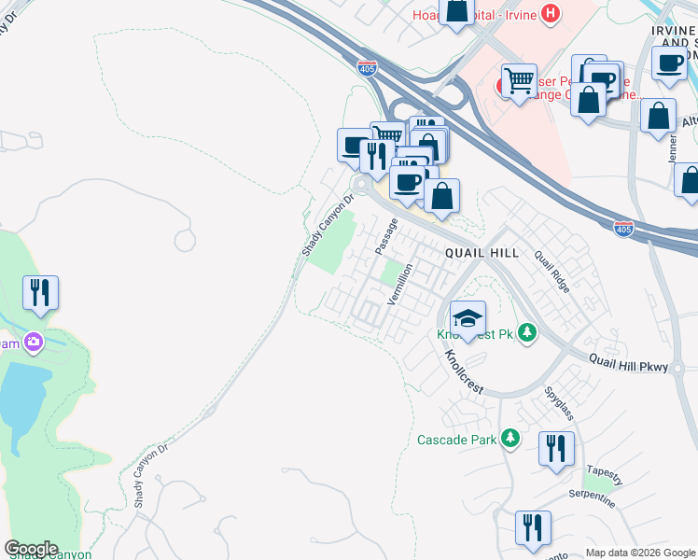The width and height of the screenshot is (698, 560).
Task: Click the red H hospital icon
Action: coord(551,13)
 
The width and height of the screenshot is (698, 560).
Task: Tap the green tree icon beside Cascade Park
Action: coord(510,438)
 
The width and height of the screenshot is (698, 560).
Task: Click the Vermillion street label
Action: coord(400,281)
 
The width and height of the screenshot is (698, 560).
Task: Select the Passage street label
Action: coord(386,236)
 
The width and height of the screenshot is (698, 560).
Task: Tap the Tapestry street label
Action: coord(605,470)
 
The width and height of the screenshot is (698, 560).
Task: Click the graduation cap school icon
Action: coord(468,315)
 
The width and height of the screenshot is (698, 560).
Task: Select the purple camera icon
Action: coord(35,343)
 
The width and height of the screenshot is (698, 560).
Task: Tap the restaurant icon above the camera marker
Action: coord(40,293)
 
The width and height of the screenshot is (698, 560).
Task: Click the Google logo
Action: coord(31,549)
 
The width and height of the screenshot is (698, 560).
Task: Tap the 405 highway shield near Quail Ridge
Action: coord(624,227)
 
